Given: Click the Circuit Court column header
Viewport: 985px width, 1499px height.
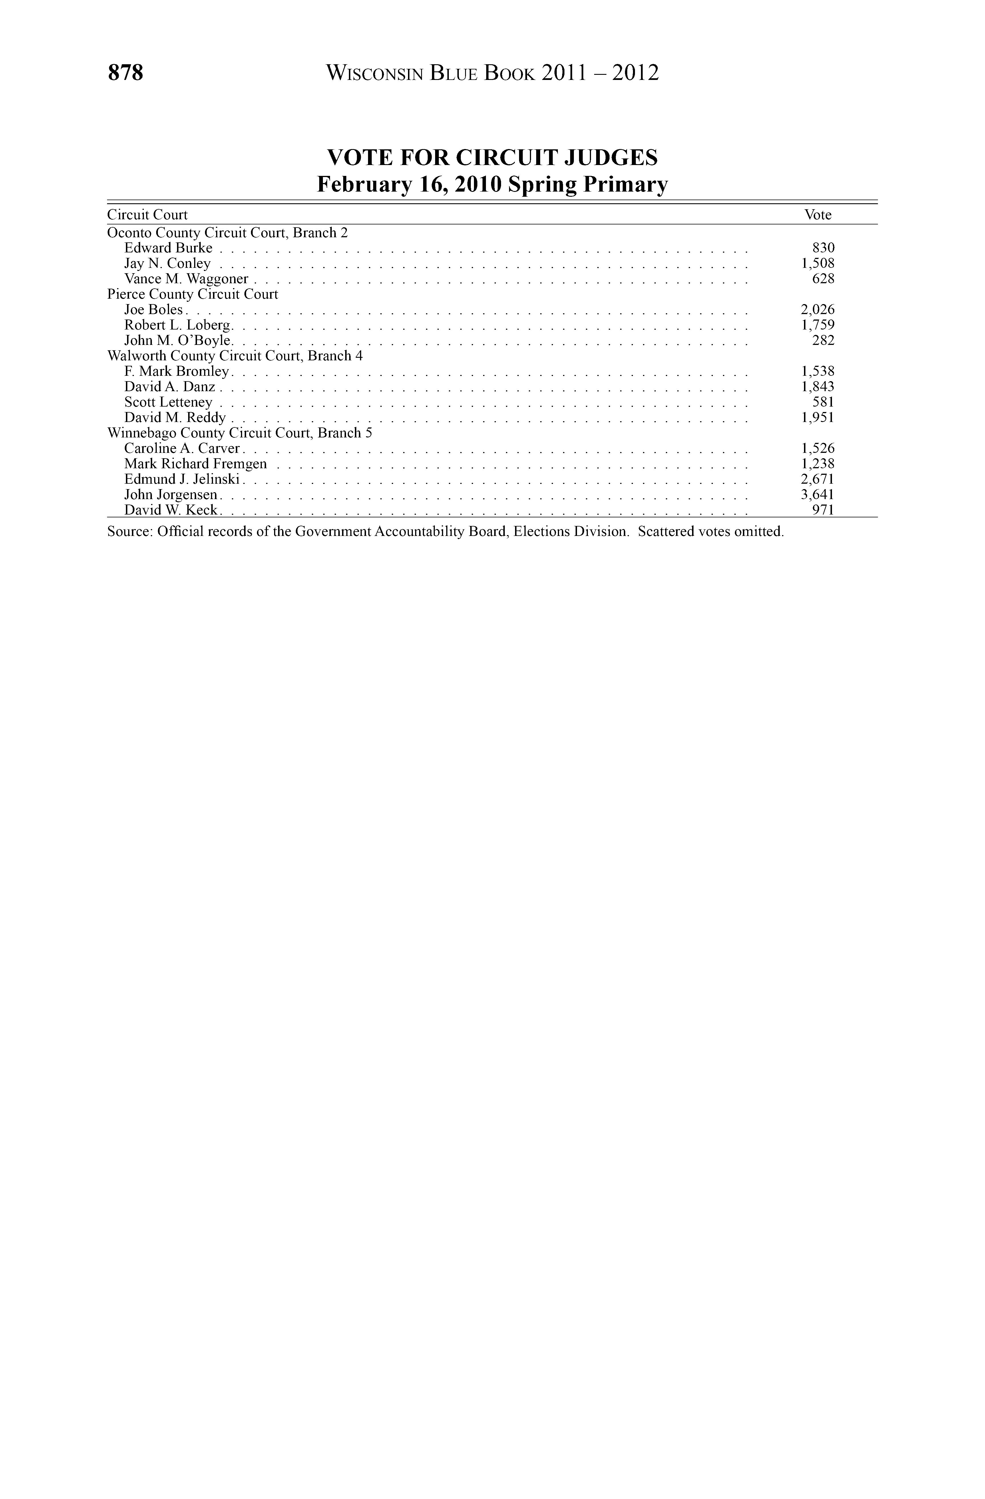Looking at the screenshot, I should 147,215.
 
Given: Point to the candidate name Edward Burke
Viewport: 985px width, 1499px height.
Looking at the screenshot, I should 168,248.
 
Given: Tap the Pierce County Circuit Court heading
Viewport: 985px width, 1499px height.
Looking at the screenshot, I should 193,294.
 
